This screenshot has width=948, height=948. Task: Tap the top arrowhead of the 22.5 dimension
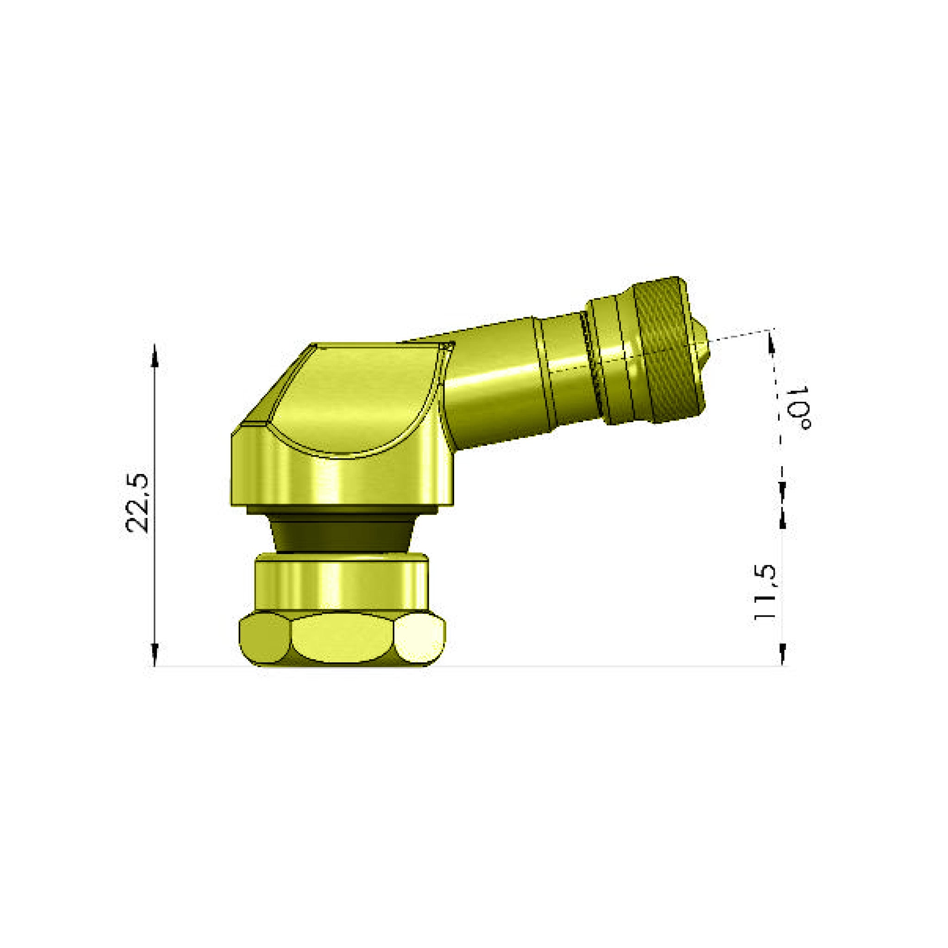155,354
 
